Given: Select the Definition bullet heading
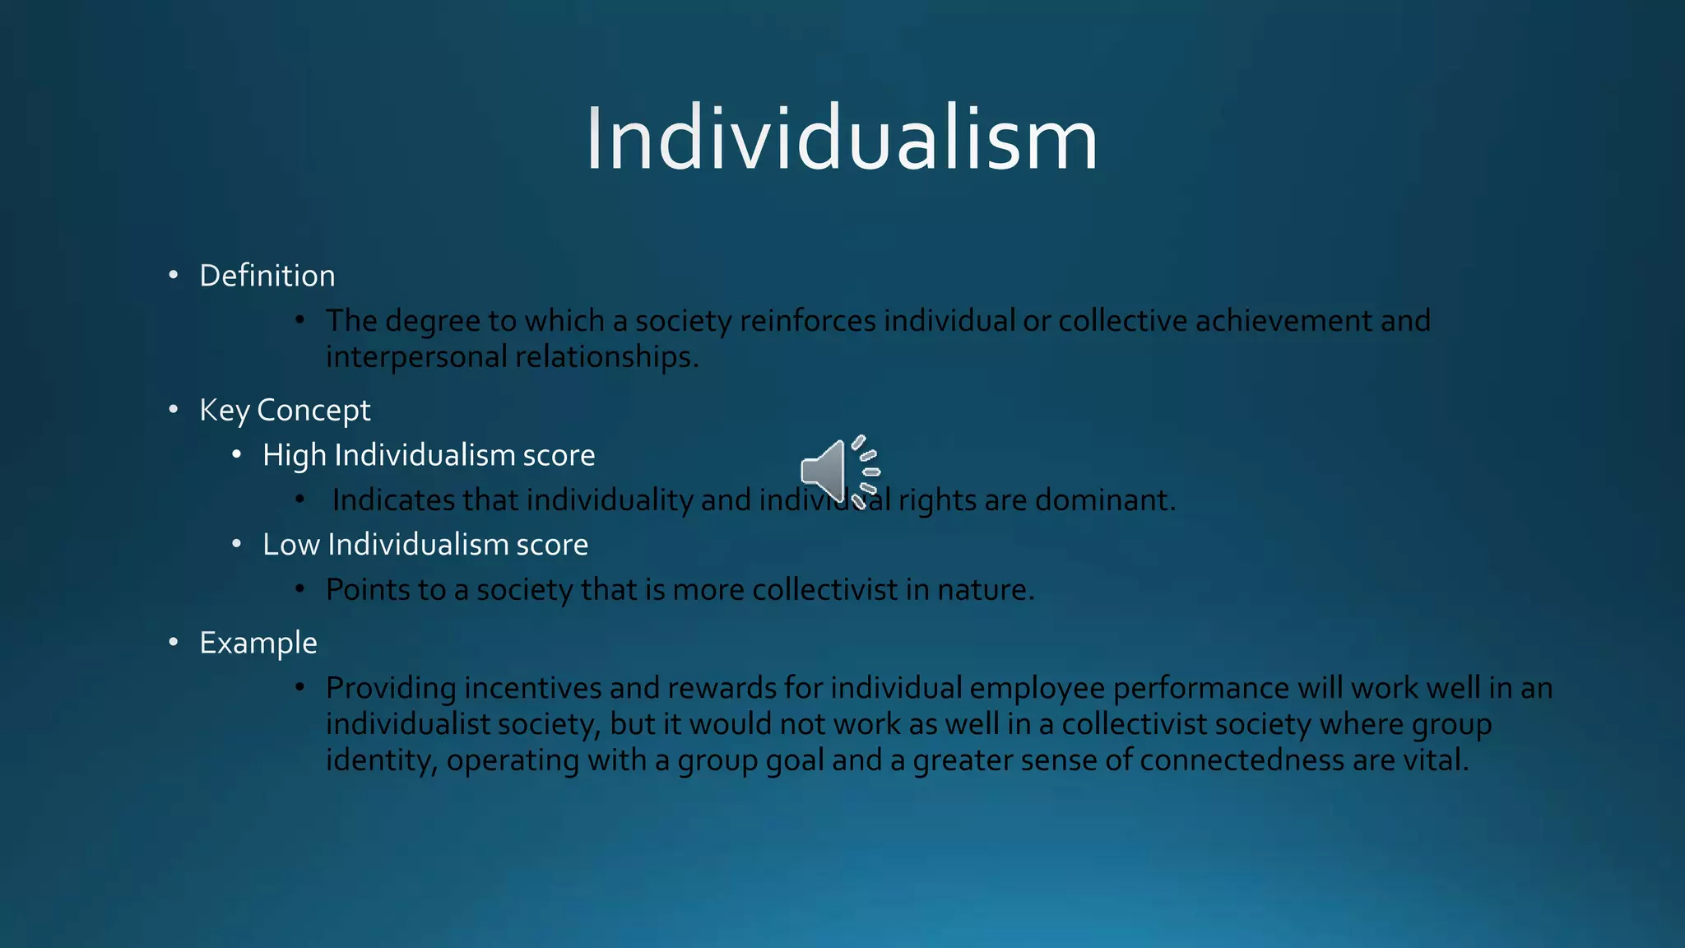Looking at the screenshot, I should coord(267,276).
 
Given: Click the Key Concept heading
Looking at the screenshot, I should coord(285,410).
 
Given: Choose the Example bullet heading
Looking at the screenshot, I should coord(258,643).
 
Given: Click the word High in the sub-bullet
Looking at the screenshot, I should coord(294,455).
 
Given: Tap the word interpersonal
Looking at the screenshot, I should coord(416,357).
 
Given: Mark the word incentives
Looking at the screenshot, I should coord(532,687).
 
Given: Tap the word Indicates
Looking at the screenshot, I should coord(392,500).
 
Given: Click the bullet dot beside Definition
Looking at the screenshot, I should coord(173,276).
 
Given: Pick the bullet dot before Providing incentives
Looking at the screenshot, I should coord(300,687).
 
